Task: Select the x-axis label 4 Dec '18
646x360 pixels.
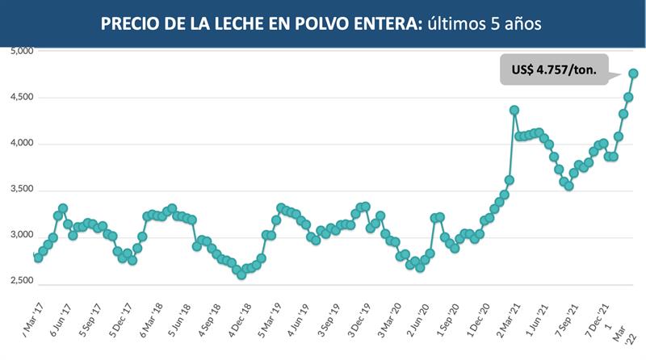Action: (240, 320)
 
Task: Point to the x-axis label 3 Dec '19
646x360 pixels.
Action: (359, 320)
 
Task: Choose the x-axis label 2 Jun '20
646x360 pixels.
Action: (419, 320)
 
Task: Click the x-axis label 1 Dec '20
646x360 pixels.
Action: (479, 320)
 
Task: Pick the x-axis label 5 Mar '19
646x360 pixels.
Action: (270, 320)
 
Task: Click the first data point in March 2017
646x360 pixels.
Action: (38, 257)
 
